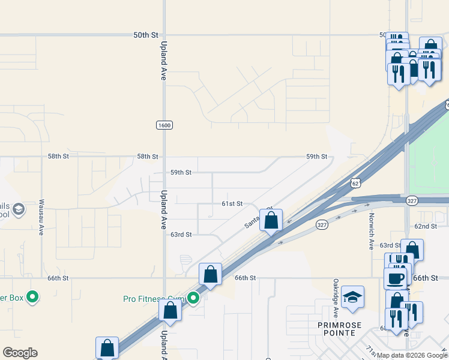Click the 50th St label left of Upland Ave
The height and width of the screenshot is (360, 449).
click(145, 35)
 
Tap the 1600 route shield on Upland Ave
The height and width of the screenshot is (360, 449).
click(164, 125)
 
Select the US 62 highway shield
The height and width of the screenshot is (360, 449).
click(356, 182)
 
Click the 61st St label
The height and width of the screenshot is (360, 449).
click(232, 204)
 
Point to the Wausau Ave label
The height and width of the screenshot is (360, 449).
click(41, 217)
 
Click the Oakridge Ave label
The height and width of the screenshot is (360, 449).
click(336, 298)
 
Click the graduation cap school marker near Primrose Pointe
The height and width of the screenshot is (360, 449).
click(352, 297)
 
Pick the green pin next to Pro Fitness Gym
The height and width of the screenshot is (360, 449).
click(193, 298)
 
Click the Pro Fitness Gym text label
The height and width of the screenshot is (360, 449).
click(153, 298)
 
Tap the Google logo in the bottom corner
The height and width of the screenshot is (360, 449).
click(20, 353)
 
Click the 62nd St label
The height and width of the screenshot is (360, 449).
click(426, 226)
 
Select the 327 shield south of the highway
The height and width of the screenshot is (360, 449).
click(322, 224)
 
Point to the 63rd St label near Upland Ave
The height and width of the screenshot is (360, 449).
click(181, 235)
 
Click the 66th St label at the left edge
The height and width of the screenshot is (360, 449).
click(58, 278)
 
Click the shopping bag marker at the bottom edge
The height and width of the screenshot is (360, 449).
click(107, 347)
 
